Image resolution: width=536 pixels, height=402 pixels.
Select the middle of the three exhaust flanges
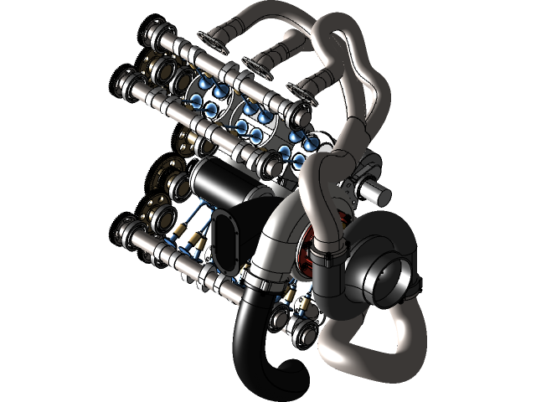[255, 63]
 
